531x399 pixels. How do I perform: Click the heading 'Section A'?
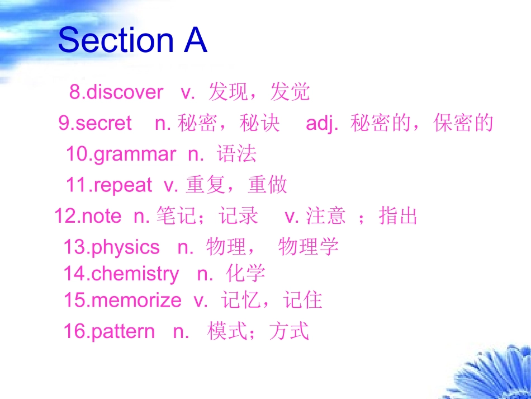(132, 40)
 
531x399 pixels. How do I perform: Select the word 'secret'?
(103, 123)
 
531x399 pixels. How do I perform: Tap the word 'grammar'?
(135, 154)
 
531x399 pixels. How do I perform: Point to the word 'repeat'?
(123, 185)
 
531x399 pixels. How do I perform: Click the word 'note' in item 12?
(101, 216)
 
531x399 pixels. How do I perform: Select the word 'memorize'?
(136, 301)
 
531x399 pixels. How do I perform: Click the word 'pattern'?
(122, 331)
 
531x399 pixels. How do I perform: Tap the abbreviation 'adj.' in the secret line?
(323, 124)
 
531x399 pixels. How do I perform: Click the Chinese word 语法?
(237, 154)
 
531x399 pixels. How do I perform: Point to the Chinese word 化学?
(246, 274)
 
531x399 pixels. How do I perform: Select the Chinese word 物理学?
(309, 247)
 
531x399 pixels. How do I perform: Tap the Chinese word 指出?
(398, 216)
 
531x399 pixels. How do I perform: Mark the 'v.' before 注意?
(292, 216)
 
